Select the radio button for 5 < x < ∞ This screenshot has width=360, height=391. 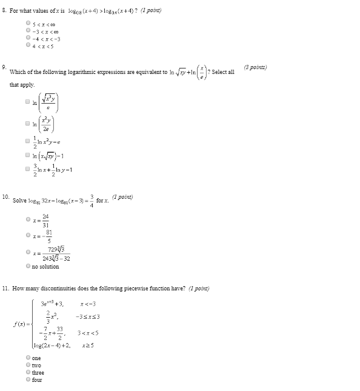click(28, 23)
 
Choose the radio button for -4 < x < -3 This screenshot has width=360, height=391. click(28, 38)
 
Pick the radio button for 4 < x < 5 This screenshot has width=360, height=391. click(28, 44)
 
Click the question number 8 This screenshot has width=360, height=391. click(4, 11)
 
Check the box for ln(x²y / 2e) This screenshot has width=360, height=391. click(28, 123)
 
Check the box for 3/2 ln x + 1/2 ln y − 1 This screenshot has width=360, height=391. click(28, 169)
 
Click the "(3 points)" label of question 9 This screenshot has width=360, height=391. click(255, 67)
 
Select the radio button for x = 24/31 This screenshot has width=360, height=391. click(28, 219)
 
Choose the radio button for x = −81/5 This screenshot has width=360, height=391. click(28, 235)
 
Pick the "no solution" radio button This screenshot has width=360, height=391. click(28, 266)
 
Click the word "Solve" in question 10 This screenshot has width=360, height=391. click(19, 200)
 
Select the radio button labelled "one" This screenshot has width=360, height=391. click(28, 358)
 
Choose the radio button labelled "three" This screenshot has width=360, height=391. click(28, 372)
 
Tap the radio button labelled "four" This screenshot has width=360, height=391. click(28, 379)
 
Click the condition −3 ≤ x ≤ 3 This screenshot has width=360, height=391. click(88, 316)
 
